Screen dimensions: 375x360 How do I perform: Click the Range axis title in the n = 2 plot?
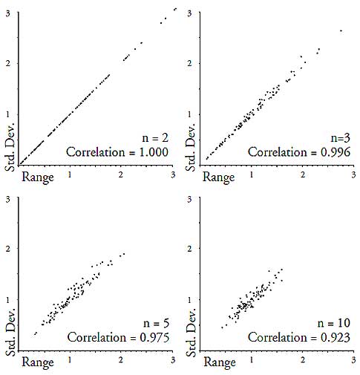pos(39,177)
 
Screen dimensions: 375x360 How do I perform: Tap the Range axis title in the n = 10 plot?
pos(220,363)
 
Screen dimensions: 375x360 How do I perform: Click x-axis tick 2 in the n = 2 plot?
pos(122,173)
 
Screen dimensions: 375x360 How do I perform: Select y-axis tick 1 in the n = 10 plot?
pos(191,300)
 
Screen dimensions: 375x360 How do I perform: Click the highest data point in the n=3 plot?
pos(341,30)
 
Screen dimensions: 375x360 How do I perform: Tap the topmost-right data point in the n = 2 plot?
pos(175,8)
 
